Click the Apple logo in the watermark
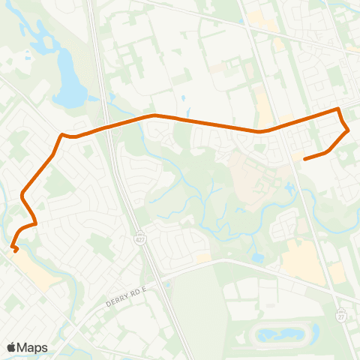11,347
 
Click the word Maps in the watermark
32,347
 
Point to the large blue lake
69,90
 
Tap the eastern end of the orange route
304,159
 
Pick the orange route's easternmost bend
349,130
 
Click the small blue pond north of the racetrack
258,257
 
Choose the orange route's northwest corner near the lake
62,135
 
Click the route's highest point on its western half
154,115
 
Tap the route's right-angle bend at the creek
36,223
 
